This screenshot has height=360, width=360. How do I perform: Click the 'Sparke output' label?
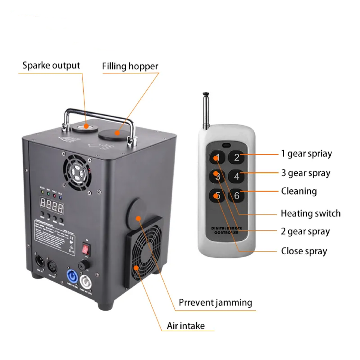(51, 65)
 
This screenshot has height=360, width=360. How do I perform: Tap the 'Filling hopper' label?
(130, 66)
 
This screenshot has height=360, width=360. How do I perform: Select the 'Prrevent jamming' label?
(215, 302)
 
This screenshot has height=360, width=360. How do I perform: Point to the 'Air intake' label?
(186, 325)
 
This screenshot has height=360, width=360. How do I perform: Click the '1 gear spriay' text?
(306, 154)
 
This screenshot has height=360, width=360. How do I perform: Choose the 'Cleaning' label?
(299, 191)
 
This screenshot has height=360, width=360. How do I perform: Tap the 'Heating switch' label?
(310, 213)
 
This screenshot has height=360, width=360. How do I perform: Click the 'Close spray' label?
(304, 251)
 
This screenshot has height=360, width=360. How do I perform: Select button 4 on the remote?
(237, 176)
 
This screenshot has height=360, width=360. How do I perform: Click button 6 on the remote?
(237, 195)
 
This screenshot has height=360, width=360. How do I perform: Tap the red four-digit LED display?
(52, 205)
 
